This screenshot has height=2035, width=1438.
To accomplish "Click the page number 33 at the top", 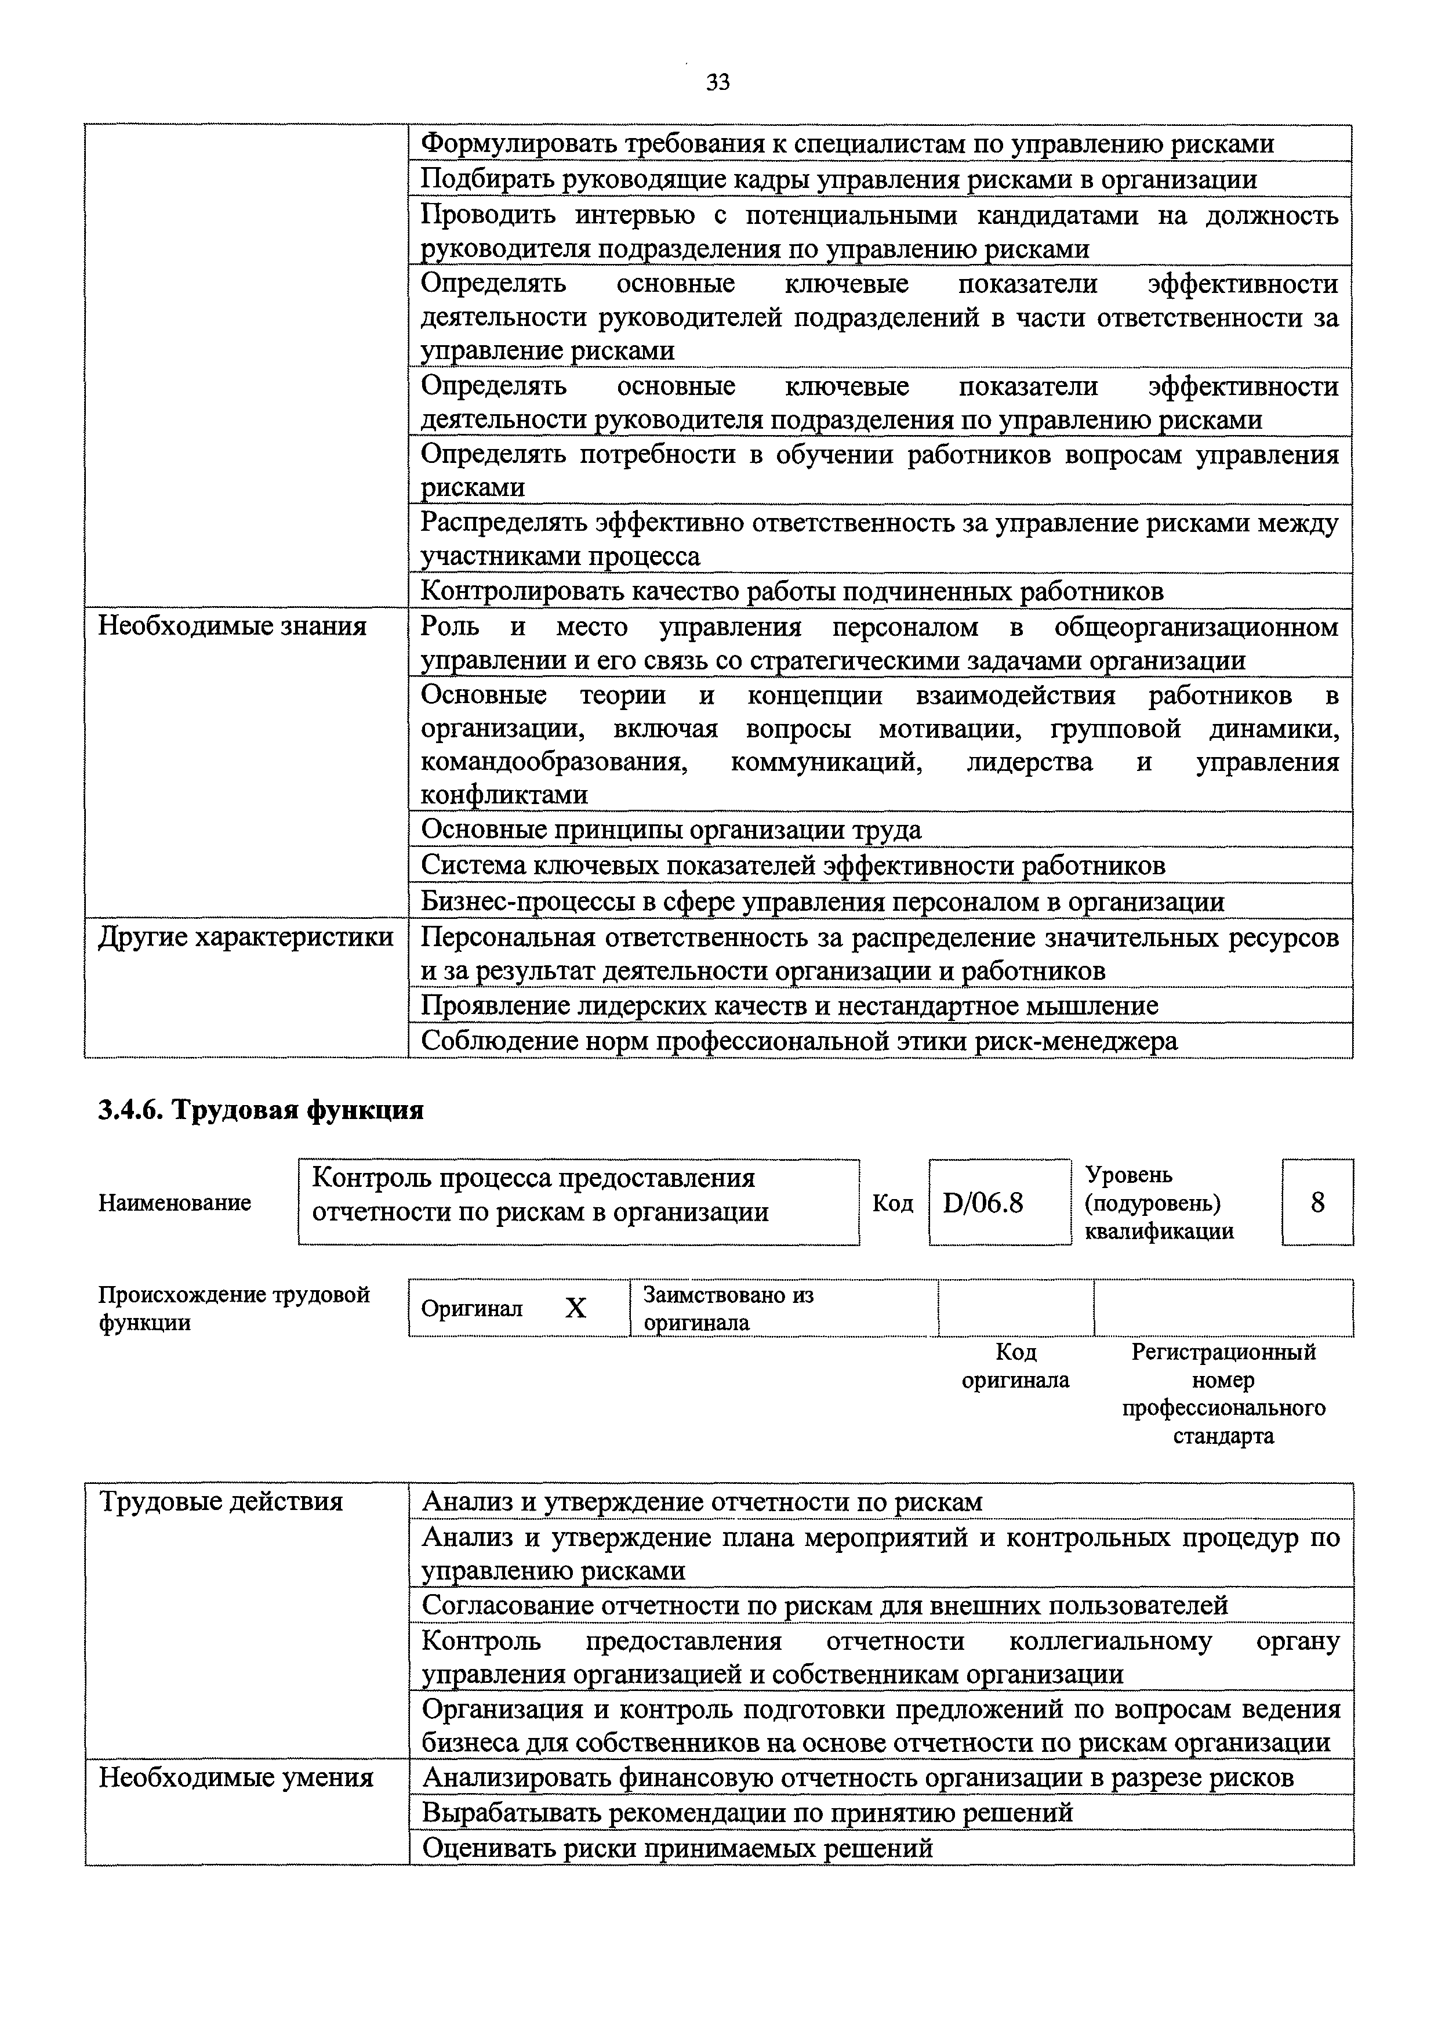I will pos(718,82).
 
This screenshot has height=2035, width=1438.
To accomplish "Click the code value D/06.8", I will pos(983,1203).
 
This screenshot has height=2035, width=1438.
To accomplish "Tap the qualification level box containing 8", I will pos(1317,1203).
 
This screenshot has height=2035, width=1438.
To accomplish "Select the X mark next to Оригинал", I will pos(576,1308).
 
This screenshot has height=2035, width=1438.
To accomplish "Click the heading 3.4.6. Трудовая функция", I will pos(260,1110).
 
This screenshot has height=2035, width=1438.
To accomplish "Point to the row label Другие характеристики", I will pos(245,937).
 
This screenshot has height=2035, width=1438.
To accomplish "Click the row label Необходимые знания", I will pos(232,627).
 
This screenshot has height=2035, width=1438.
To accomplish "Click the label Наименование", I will pos(175,1203).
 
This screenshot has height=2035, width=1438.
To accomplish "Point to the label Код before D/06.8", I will pos(892,1203).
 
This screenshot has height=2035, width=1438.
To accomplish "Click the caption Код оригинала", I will pos(1015,1366).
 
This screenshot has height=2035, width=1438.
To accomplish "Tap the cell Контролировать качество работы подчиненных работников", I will pos(791,591).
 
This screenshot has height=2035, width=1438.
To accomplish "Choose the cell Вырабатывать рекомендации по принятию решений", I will pos(747,1813).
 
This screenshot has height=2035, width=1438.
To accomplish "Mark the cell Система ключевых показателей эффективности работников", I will pos(793,865).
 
